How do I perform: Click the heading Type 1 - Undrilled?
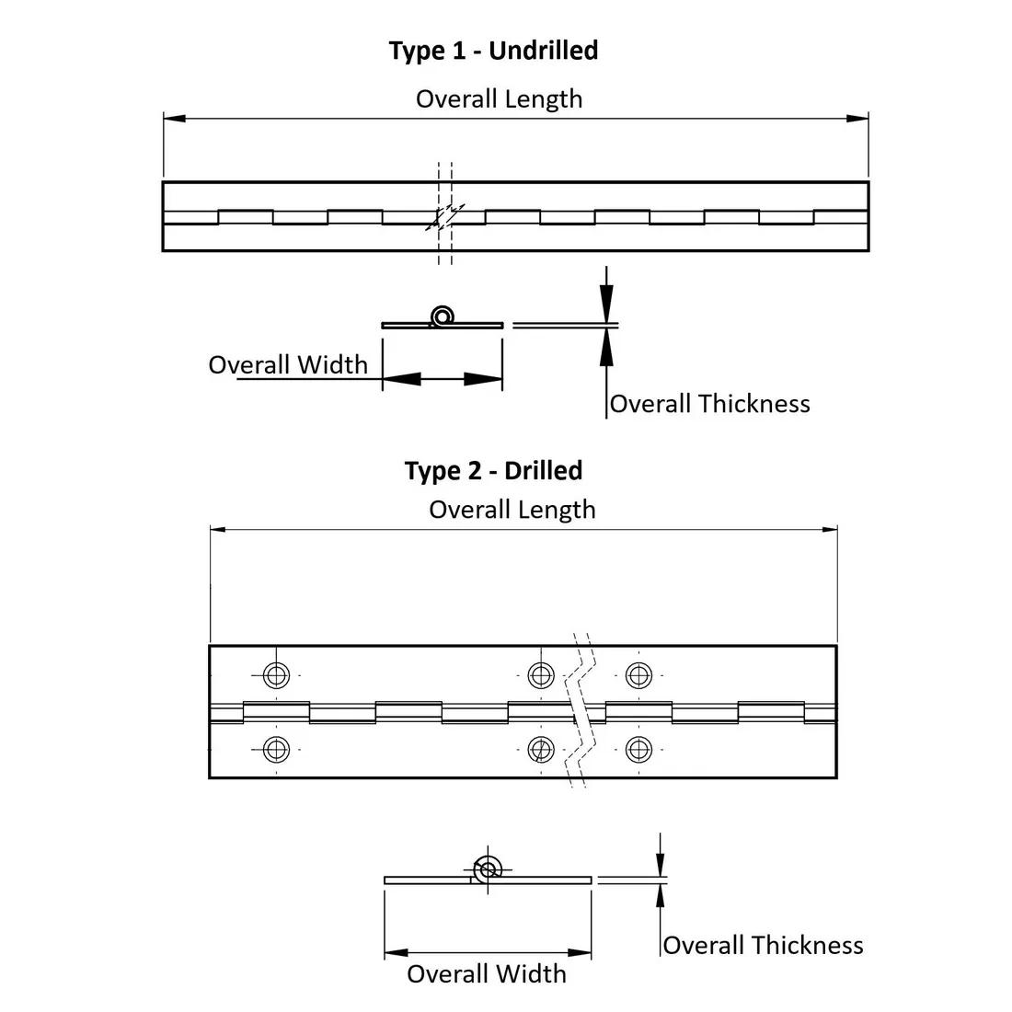(493, 51)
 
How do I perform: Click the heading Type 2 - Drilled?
(493, 471)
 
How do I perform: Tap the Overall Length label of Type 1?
(499, 99)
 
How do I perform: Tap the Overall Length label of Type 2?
(512, 510)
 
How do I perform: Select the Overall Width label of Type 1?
(288, 364)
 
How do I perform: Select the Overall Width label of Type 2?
(487, 974)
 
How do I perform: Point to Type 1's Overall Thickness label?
(709, 404)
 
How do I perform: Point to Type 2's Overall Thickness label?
(763, 946)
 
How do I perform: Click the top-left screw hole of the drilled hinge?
(276, 675)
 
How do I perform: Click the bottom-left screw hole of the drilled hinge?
(276, 750)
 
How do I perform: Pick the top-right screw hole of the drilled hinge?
(638, 675)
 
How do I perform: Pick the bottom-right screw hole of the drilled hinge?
(638, 750)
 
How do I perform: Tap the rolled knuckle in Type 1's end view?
(443, 316)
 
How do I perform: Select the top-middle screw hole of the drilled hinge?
(541, 675)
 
